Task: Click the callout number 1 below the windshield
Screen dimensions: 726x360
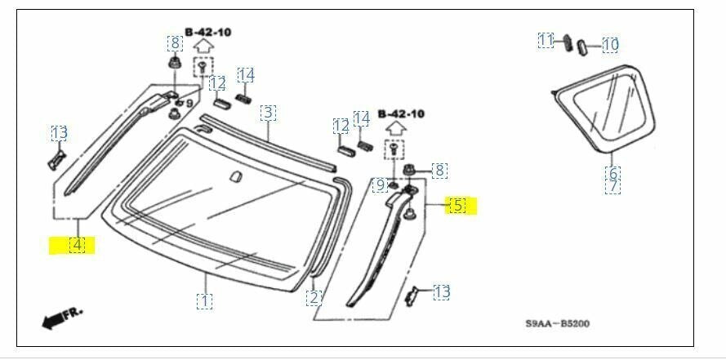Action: coord(204,301)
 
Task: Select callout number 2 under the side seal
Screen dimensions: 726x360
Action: coord(314,297)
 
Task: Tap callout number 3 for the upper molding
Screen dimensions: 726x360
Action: coord(268,113)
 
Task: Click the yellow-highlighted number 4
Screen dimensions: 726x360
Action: coord(77,244)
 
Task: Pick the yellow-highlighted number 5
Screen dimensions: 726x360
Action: coord(458,206)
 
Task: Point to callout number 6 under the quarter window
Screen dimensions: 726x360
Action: coord(613,173)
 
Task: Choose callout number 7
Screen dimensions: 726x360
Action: coord(613,186)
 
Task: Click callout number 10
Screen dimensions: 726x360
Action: coord(611,46)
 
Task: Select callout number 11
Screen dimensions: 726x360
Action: coord(546,40)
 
